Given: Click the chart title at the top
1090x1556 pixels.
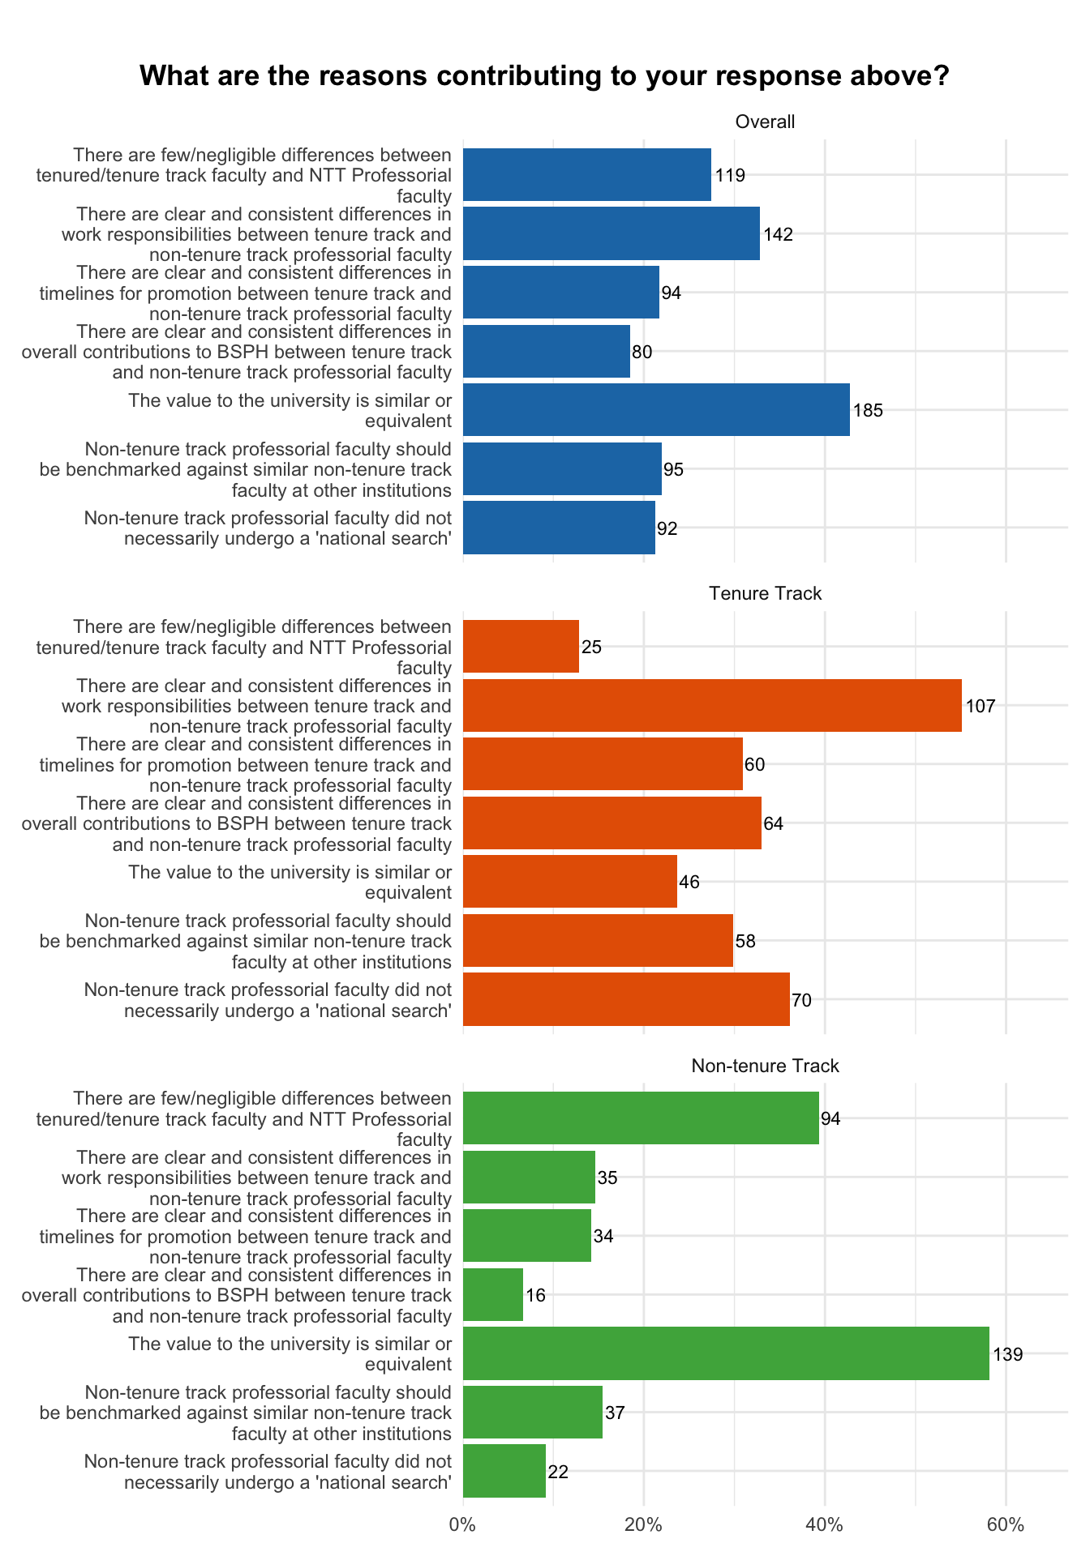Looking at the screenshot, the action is point(544,76).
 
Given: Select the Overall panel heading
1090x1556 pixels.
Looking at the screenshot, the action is point(765,122).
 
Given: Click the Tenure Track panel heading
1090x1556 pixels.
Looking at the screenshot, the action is point(765,594).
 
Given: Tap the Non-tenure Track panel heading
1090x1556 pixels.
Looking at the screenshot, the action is point(765,1066).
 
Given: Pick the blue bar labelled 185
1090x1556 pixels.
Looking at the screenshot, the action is point(656,410).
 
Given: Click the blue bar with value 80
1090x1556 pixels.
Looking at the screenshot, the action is point(547,351).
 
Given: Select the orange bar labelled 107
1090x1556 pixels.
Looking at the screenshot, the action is point(712,705).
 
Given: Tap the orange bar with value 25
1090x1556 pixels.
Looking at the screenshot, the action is point(521,647).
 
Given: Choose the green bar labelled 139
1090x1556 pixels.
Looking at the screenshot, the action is point(726,1353).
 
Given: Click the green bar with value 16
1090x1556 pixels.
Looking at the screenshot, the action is point(493,1294).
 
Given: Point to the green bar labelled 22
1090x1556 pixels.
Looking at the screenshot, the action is point(504,1471).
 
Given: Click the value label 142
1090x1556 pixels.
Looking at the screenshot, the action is point(778,234).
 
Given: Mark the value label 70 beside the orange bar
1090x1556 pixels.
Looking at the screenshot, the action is point(801,1000).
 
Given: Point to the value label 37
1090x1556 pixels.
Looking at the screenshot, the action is point(615,1413).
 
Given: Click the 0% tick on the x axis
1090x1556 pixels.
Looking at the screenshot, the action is point(463,1524).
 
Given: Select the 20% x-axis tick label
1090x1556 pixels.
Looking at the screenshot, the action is point(644,1524).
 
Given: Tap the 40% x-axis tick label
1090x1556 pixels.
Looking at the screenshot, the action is point(825,1524).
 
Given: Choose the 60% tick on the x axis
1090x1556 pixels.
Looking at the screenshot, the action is point(1006,1524).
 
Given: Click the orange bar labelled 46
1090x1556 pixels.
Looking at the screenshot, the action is point(570,882).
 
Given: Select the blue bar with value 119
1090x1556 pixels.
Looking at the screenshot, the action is point(587,174).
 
